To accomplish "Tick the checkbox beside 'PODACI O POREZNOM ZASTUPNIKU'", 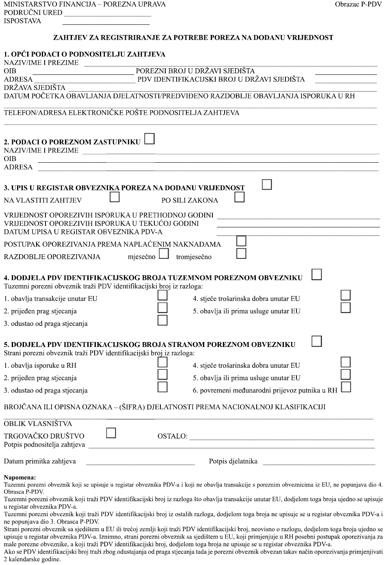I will (x=149, y=139).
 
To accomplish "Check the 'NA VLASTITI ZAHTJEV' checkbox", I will (x=115, y=197).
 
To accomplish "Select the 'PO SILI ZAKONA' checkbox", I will (x=240, y=197).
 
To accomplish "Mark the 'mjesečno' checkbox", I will (x=164, y=254).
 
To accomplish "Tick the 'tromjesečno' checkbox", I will (x=241, y=254).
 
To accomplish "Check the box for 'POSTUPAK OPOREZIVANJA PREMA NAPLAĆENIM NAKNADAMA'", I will (x=241, y=241).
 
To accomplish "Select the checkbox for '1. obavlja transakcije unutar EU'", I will (x=162, y=295).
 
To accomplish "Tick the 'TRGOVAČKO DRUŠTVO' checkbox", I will (x=111, y=433).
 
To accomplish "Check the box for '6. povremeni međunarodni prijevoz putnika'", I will (x=346, y=387).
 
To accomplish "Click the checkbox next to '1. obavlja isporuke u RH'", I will (x=162, y=362).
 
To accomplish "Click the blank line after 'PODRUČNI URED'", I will (x=107, y=15).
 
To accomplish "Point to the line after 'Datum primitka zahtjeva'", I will (x=140, y=463).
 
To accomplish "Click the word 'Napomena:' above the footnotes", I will (x=20, y=477).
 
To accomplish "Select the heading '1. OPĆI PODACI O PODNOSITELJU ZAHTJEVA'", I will (x=84, y=54).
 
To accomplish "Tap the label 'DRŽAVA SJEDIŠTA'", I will (x=35, y=87).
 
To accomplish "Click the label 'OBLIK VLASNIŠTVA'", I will (x=38, y=423).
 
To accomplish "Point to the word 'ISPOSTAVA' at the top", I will (x=22, y=21).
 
